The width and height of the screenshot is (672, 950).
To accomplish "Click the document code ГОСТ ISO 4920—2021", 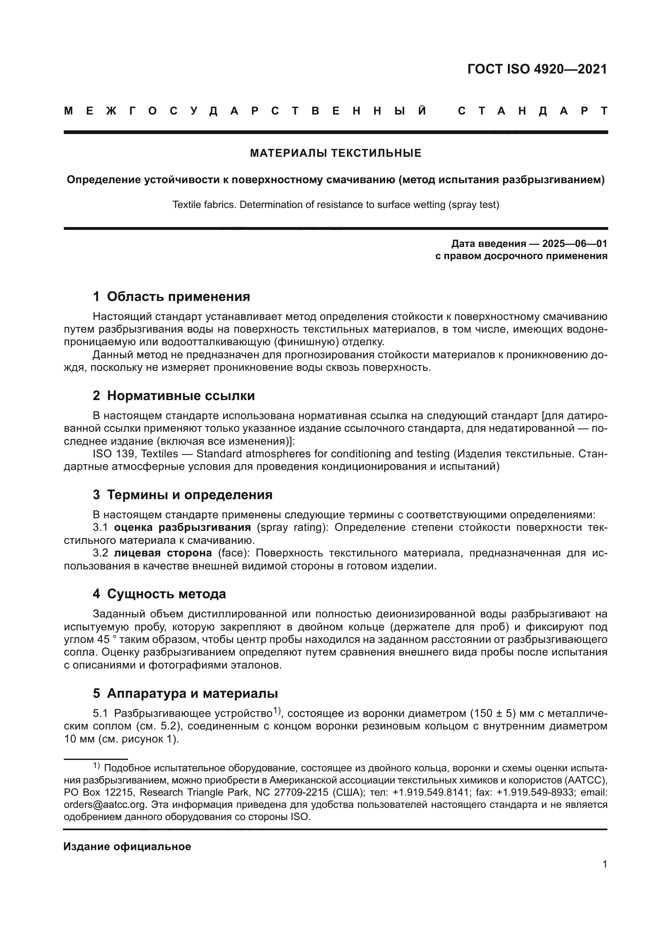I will coord(537,69).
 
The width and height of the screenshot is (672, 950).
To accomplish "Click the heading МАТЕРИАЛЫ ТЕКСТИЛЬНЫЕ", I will coord(336,154).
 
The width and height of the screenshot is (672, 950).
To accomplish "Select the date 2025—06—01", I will coord(575,243).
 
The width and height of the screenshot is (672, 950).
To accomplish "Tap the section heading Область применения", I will coord(178,296).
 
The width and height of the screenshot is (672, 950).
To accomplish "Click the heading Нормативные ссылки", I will coord(181,396).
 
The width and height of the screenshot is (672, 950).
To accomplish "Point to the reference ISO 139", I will coord(113,454).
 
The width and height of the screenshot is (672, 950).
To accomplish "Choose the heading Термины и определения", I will coord(189,494).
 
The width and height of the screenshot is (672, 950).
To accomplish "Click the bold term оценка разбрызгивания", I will coord(182,528).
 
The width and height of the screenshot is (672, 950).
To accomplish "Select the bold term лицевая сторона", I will coord(163,553).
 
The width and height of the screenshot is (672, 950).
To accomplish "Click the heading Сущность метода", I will coord(166,594).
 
